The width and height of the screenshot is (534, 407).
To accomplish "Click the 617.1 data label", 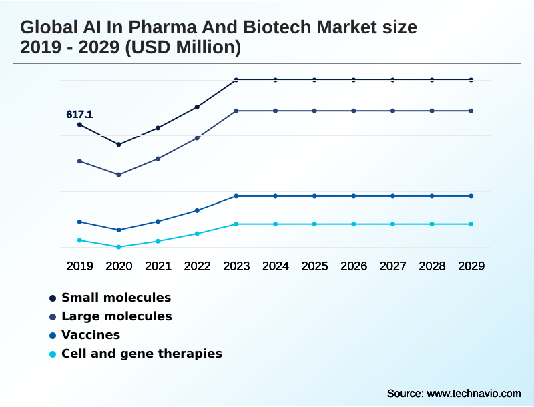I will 79,115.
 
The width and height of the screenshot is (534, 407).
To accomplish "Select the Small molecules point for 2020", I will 119,145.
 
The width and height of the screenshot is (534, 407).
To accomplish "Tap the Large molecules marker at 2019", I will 80,161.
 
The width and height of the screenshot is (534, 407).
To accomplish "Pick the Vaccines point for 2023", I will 236,196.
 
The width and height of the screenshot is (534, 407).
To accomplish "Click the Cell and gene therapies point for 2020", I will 119,247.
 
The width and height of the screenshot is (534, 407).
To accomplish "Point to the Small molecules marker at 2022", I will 197,107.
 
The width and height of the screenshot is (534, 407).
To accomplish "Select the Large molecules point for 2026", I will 354,111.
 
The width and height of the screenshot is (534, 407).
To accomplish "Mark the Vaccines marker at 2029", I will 471,196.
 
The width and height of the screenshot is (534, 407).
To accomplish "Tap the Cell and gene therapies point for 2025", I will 314,224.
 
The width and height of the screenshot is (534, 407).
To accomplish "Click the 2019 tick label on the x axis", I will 80,266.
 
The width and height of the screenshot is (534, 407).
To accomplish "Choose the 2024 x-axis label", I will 276,266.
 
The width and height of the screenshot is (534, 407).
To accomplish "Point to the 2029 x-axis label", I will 471,266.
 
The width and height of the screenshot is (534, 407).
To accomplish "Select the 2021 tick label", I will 158,266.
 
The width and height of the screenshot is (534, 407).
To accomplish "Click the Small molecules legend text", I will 116,298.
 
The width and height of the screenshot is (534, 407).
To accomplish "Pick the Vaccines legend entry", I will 91,335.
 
